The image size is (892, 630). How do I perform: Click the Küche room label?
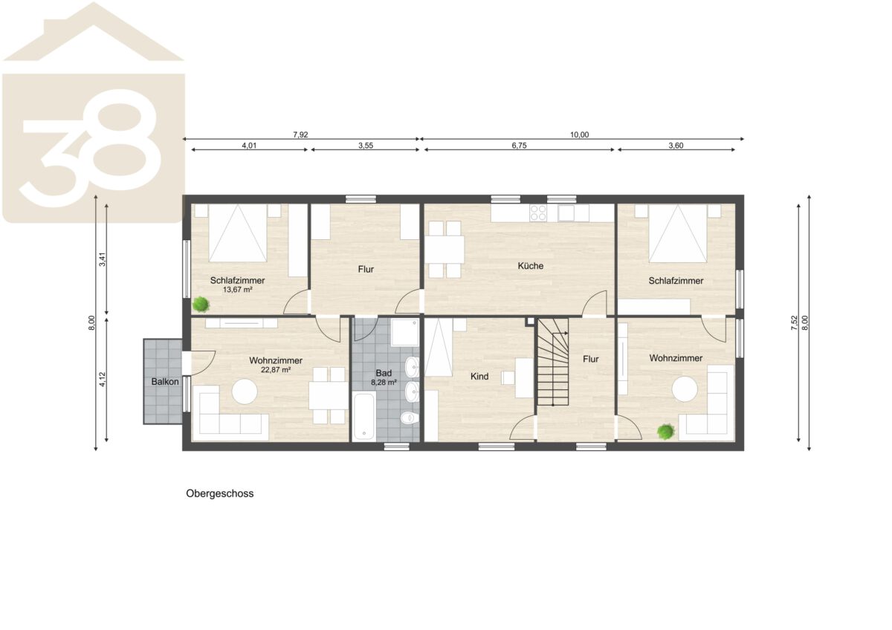tap(531, 266)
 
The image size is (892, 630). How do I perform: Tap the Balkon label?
tap(165, 382)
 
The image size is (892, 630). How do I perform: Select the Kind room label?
tap(479, 377)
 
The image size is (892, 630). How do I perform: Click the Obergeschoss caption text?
tap(220, 494)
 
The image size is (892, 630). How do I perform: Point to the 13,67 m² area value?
tap(237, 290)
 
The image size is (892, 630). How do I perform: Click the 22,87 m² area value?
tap(276, 370)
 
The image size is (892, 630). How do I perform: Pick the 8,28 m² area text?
tap(384, 383)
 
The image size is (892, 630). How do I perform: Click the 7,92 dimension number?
tap(300, 134)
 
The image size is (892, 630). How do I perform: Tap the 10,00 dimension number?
tap(579, 134)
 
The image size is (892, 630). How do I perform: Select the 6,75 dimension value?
tap(520, 146)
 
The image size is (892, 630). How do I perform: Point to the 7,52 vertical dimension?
tap(795, 322)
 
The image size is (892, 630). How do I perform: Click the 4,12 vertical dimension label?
tap(103, 379)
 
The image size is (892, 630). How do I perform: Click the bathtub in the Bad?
tap(363, 416)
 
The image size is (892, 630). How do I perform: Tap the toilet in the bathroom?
tap(410, 418)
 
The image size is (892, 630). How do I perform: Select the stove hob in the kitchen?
tap(538, 212)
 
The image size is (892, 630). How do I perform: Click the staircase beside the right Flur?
tap(553, 362)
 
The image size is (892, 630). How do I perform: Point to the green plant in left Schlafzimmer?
tap(201, 305)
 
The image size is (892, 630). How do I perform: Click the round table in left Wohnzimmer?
tap(245, 392)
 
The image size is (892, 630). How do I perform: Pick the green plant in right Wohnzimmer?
tap(665, 432)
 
